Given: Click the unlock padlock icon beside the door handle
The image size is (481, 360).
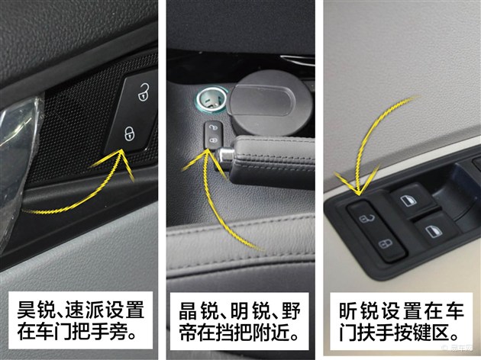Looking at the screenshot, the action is pyautogui.click(x=143, y=92).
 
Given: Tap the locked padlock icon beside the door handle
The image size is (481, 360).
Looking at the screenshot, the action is pyautogui.click(x=130, y=133).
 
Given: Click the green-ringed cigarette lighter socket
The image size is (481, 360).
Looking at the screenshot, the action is pyautogui.click(x=210, y=100).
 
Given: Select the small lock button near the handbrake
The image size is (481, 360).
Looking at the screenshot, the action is pyautogui.click(x=213, y=133).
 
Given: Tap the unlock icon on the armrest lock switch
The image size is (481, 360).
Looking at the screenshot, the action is pyautogui.click(x=367, y=219).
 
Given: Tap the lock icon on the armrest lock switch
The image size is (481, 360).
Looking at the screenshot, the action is pyautogui.click(x=386, y=244).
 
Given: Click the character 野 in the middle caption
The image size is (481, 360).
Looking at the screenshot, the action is pyautogui.click(x=290, y=312).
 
